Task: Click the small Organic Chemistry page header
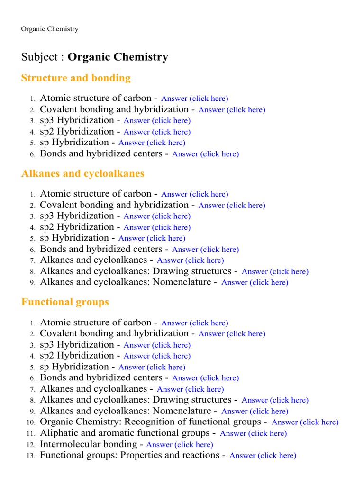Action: (49, 29)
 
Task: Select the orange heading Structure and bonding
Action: (76, 78)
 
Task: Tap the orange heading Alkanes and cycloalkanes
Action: (82, 173)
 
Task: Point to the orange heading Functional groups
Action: (65, 302)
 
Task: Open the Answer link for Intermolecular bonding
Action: (180, 445)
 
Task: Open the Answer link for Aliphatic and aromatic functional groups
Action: (253, 433)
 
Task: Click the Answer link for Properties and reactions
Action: (263, 456)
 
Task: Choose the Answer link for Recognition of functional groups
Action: (305, 422)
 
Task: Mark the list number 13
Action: (32, 456)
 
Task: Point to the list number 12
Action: (32, 445)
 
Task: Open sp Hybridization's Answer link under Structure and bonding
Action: (152, 143)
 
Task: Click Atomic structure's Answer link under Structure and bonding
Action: (194, 99)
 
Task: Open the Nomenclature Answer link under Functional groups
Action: (255, 411)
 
